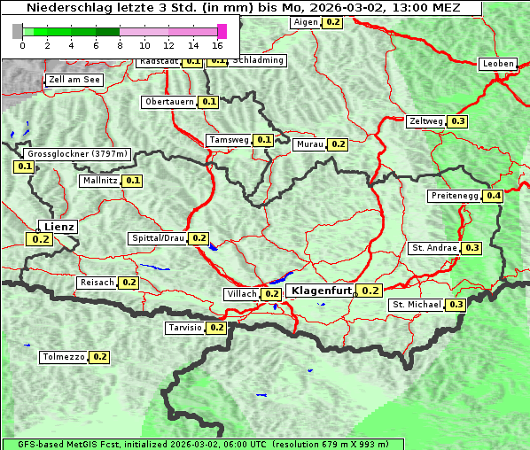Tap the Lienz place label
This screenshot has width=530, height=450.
pyautogui.click(x=59, y=227)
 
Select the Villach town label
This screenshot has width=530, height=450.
pyautogui.click(x=242, y=294)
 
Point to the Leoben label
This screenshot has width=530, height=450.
pyautogui.click(x=497, y=64)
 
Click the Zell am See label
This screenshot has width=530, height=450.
pyautogui.click(x=74, y=80)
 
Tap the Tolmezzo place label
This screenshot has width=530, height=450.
pyautogui.click(x=63, y=358)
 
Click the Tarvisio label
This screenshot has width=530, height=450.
pyautogui.click(x=184, y=328)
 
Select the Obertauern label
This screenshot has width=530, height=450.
pyautogui.click(x=169, y=102)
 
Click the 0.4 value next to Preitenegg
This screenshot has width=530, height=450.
pyautogui.click(x=494, y=196)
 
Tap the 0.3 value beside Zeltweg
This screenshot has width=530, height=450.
pyautogui.click(x=458, y=121)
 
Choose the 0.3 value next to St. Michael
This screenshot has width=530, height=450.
pyautogui.click(x=456, y=305)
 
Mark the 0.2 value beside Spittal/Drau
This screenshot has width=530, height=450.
pyautogui.click(x=199, y=238)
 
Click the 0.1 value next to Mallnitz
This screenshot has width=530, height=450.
pyautogui.click(x=133, y=181)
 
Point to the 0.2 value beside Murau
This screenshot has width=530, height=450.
pyautogui.click(x=338, y=144)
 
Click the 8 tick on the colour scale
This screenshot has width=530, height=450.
pyautogui.click(x=120, y=44)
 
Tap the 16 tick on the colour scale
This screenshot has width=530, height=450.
pyautogui.click(x=218, y=44)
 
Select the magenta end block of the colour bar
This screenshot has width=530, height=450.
pyautogui.click(x=222, y=31)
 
